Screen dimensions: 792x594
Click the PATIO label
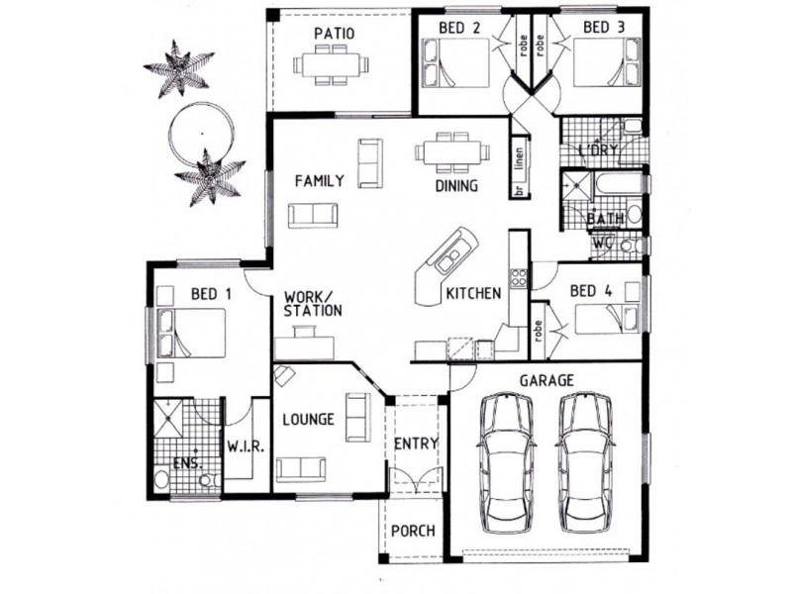tap(334, 34)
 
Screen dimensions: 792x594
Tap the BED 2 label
tap(459, 28)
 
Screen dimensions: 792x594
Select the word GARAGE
tap(546, 380)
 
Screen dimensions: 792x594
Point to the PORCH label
tap(413, 531)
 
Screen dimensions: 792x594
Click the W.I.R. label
tap(245, 446)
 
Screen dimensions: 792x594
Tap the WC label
tap(603, 243)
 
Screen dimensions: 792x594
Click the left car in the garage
tap(506, 462)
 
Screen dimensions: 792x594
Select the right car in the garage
tap(585, 462)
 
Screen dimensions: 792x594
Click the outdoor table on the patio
tap(331, 64)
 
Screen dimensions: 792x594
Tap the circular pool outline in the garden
tap(202, 135)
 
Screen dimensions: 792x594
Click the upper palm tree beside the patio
tap(178, 69)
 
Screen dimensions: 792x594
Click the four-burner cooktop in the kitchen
tap(519, 277)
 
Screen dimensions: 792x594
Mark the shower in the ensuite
tap(168, 418)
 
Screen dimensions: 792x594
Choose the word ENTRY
tap(416, 444)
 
